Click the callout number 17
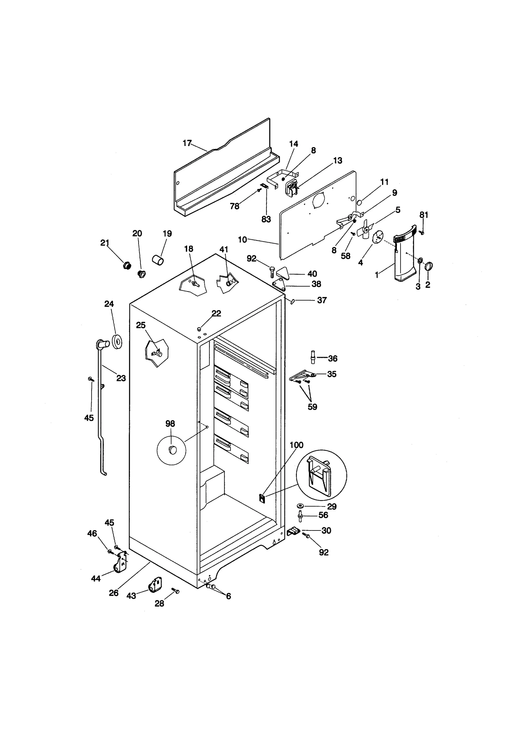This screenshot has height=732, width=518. [x=187, y=143]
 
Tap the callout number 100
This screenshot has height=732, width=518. [x=296, y=445]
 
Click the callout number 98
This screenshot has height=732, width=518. [x=170, y=423]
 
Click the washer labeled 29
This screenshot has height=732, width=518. [x=300, y=506]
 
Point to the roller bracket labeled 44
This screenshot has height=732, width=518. [x=119, y=566]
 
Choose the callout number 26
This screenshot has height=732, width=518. [x=114, y=593]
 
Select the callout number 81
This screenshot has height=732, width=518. [x=424, y=215]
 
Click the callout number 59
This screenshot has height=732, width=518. [x=312, y=407]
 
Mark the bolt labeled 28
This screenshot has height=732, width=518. [x=175, y=591]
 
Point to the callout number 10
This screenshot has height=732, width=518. [x=242, y=240]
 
